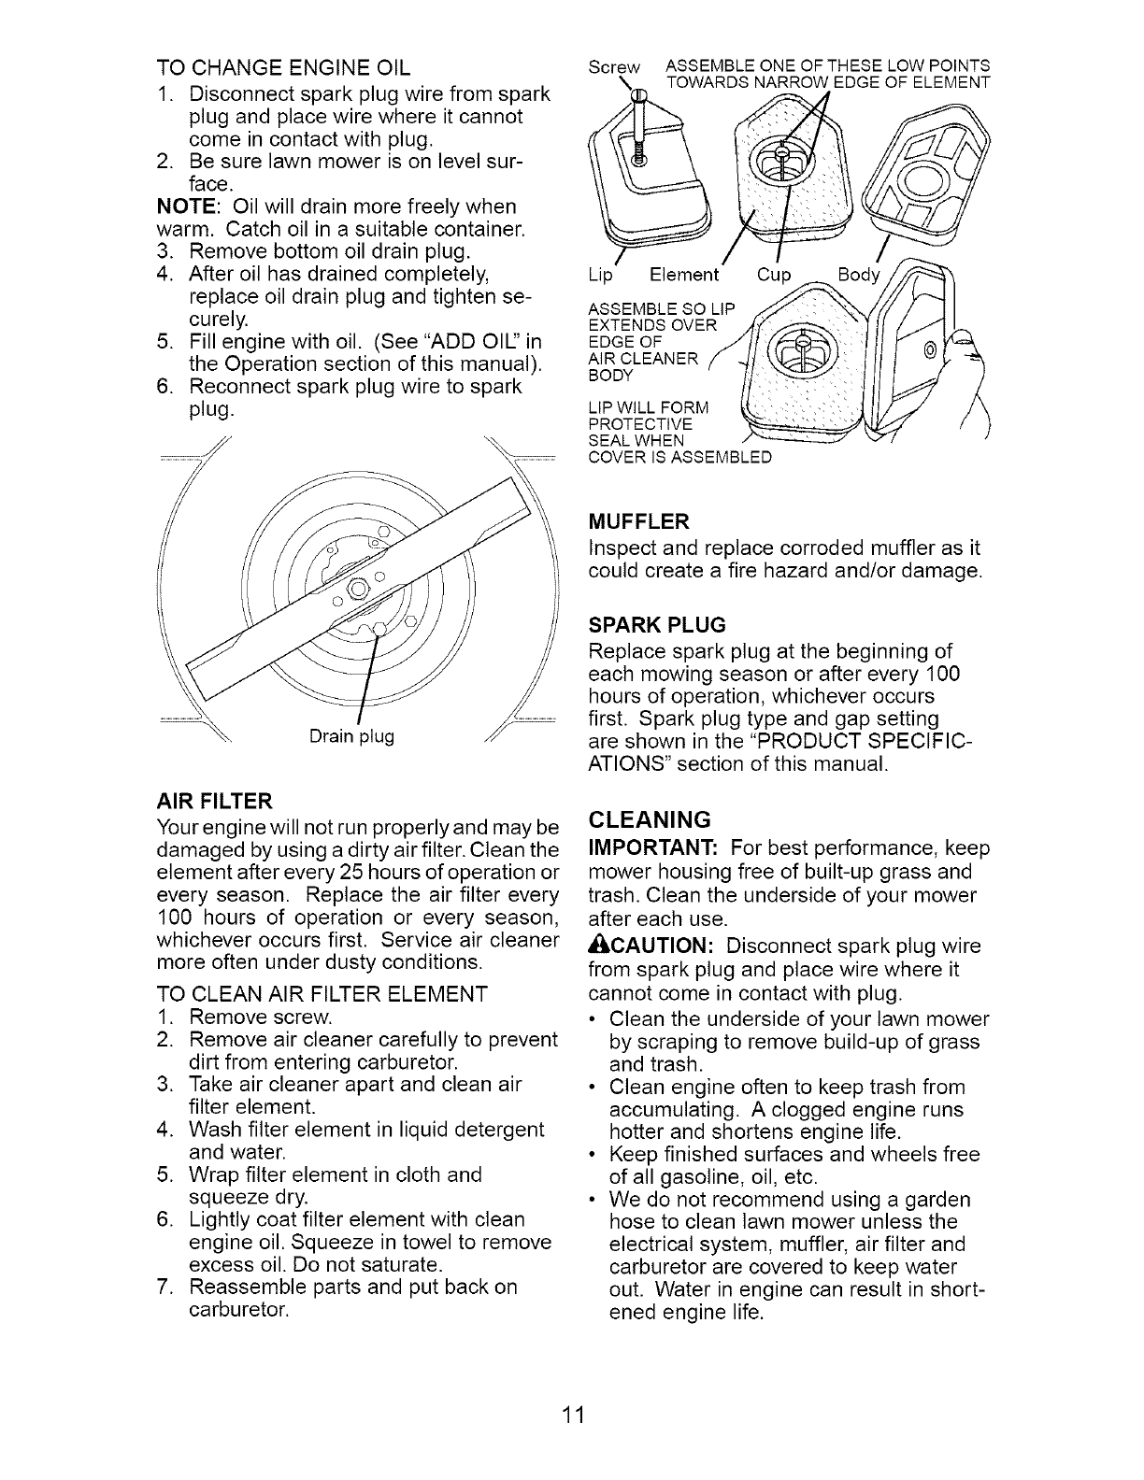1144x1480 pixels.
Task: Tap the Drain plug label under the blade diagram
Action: [x=351, y=736]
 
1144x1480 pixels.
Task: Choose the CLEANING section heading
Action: [x=650, y=819]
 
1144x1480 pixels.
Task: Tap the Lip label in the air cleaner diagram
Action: [x=600, y=275]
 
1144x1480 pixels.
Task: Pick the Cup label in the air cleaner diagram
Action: [x=772, y=275]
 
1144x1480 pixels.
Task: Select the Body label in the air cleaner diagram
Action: [x=858, y=275]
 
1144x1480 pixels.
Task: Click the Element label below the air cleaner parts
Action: [x=684, y=275]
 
